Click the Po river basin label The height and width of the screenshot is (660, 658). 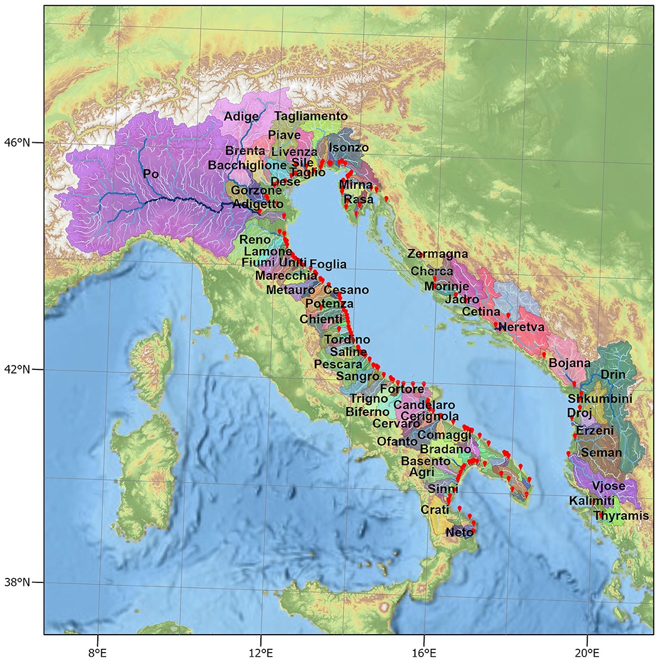point(151,174)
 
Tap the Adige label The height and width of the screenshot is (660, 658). point(241,117)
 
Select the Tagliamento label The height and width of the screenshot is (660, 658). point(311,116)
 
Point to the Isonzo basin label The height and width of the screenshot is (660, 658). point(349,148)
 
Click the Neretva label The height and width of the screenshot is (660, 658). point(521,327)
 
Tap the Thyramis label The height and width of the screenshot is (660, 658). point(621,516)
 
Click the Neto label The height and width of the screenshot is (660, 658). point(458,532)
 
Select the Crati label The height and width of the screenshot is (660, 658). point(435,509)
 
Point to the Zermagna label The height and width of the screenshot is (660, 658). point(438,254)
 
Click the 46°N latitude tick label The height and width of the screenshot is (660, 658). point(18,143)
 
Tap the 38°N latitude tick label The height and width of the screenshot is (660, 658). point(18,582)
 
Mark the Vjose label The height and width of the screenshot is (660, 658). point(609,486)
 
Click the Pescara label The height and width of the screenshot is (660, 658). point(338,364)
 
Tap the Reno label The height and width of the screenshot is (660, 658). point(255,240)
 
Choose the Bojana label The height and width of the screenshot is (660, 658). point(570,363)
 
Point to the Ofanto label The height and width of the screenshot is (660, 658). point(397,441)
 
